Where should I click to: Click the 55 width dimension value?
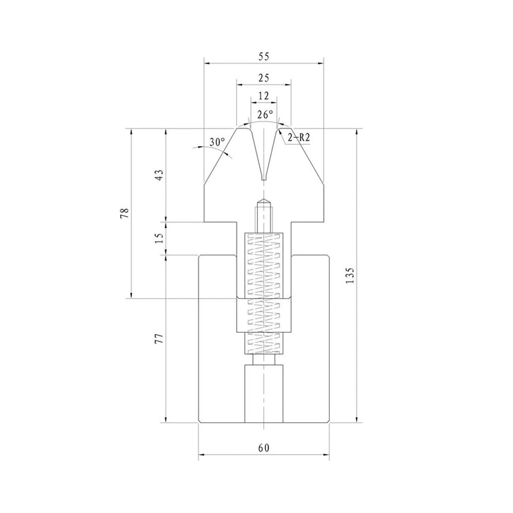coord(264,56)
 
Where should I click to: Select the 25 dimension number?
coord(264,78)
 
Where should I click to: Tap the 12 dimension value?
coord(264,96)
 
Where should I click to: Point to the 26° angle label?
coord(265,115)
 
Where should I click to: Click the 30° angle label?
coord(217,142)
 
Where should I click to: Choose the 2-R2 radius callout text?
coord(299,138)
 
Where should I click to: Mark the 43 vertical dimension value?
coord(159,175)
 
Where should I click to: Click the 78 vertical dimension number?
coord(125,213)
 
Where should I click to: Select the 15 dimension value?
coord(159,238)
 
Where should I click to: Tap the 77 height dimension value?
coord(159,338)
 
